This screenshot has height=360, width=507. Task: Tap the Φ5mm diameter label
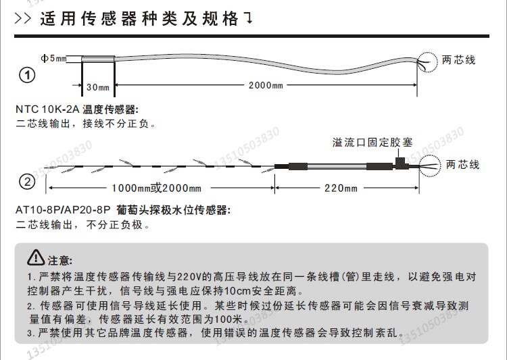[x=54, y=59]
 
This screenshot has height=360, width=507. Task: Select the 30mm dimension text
[x=98, y=87]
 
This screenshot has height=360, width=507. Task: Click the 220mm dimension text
[x=340, y=188]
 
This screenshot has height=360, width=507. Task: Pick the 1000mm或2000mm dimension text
[x=157, y=188]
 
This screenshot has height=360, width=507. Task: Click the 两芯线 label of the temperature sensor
[x=460, y=60]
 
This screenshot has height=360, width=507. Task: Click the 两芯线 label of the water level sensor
[x=463, y=164]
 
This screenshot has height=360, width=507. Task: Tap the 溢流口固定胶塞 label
[x=372, y=143]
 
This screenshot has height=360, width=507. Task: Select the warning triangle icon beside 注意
[x=36, y=258]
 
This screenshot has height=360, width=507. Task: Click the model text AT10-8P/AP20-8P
[x=62, y=211]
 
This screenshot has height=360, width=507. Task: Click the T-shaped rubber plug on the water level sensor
[x=401, y=163]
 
